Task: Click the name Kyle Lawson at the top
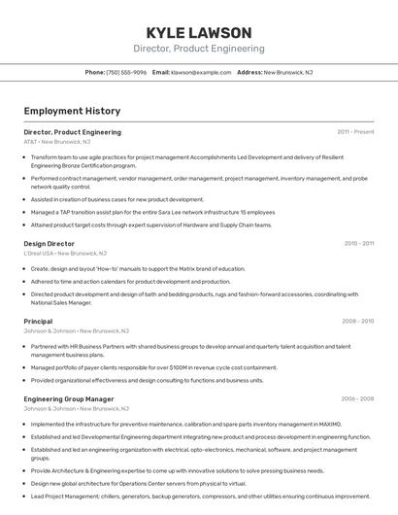coord(198,32)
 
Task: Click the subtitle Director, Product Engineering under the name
coord(198,49)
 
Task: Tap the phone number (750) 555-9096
coord(126,72)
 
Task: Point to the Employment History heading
coord(65,111)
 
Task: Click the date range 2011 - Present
coord(355,131)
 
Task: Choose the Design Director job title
coord(49,244)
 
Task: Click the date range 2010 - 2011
coord(358,244)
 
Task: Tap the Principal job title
coord(38,321)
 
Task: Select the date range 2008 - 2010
coord(357,321)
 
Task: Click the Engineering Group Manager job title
coord(68,398)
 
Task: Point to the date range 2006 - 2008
coord(357,398)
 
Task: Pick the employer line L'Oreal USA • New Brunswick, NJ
coord(65,254)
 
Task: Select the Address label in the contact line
coord(249,72)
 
